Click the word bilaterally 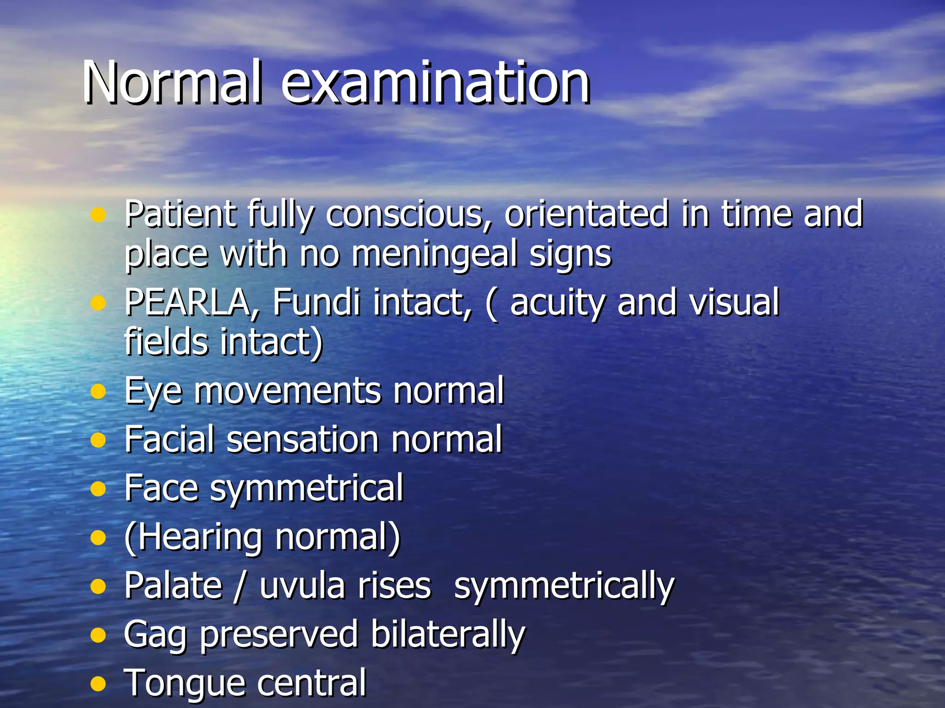[x=448, y=635]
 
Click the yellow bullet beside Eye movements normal [x=98, y=392]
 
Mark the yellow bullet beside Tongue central [x=98, y=684]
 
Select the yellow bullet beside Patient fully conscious [x=98, y=214]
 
